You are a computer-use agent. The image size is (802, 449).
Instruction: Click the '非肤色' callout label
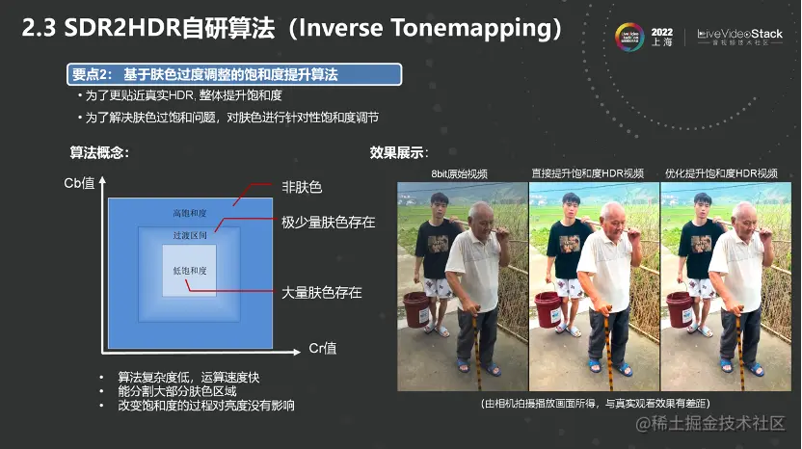click(x=302, y=187)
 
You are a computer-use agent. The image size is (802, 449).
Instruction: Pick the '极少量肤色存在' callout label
click(x=328, y=223)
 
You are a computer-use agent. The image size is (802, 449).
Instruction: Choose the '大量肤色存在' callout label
click(x=322, y=292)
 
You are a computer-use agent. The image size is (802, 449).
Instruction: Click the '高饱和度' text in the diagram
click(x=189, y=213)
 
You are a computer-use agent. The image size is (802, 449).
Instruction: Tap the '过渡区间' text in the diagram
click(x=189, y=236)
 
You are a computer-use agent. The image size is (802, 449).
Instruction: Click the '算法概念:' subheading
click(x=99, y=152)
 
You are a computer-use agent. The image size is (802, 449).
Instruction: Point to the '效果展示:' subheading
click(x=399, y=152)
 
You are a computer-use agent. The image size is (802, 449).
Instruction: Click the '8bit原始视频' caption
click(x=460, y=174)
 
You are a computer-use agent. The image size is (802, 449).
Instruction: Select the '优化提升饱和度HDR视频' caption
click(x=721, y=174)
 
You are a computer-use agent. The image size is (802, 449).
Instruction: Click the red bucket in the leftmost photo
click(x=417, y=310)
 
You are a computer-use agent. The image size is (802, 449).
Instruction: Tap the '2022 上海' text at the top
click(x=662, y=37)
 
